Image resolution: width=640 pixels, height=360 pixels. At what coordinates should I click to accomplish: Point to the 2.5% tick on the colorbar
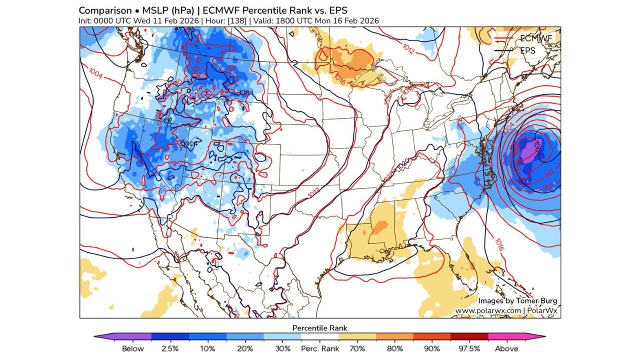(170, 348)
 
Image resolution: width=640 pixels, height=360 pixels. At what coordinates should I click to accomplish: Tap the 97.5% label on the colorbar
(468, 348)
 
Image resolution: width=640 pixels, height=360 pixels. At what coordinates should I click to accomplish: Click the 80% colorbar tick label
(394, 348)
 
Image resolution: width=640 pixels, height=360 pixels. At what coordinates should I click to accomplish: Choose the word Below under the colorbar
(132, 348)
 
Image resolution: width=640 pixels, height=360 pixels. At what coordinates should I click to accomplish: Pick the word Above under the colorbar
(506, 348)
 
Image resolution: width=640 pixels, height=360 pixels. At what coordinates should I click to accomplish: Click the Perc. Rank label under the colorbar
(320, 348)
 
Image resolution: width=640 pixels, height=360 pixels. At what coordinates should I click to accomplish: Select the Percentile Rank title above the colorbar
(320, 328)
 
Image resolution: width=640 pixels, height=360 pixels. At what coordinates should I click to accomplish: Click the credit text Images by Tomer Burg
(517, 301)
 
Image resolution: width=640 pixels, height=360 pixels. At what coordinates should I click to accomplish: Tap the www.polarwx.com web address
(487, 310)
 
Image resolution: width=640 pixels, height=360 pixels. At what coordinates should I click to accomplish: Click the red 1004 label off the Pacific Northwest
(95, 73)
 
